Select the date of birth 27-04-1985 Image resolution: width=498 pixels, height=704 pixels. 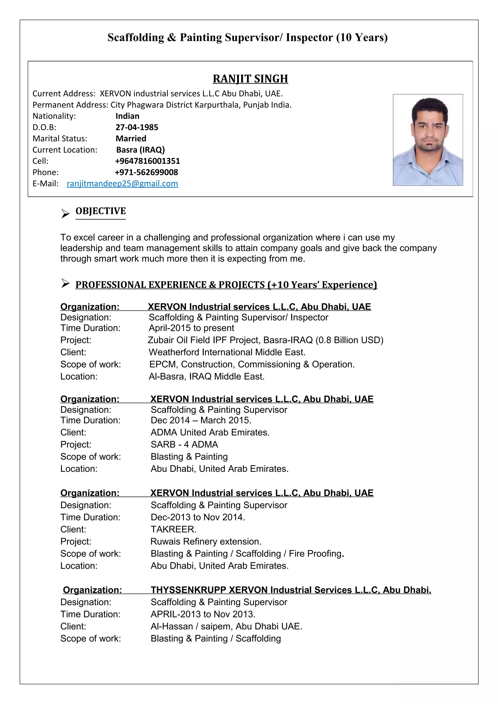click(x=137, y=127)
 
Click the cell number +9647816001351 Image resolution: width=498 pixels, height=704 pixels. click(x=147, y=161)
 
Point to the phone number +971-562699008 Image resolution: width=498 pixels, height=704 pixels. click(x=146, y=172)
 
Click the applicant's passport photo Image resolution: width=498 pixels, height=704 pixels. click(x=428, y=140)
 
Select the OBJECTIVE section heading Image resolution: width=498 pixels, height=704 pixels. click(x=101, y=211)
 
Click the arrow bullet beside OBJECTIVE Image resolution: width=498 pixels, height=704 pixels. click(x=65, y=213)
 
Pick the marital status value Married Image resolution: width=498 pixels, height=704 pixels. click(x=131, y=139)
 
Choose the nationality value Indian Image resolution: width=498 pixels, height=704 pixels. click(x=127, y=116)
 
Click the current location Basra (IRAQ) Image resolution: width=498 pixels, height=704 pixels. click(x=140, y=150)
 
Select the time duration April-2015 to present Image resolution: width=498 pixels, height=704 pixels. click(x=191, y=328)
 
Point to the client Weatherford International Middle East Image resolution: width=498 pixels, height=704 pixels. click(x=227, y=352)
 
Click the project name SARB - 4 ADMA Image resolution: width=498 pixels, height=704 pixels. click(x=184, y=444)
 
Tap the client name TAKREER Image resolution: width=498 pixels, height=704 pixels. click(x=173, y=529)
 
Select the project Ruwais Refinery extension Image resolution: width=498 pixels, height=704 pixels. click(x=206, y=541)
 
